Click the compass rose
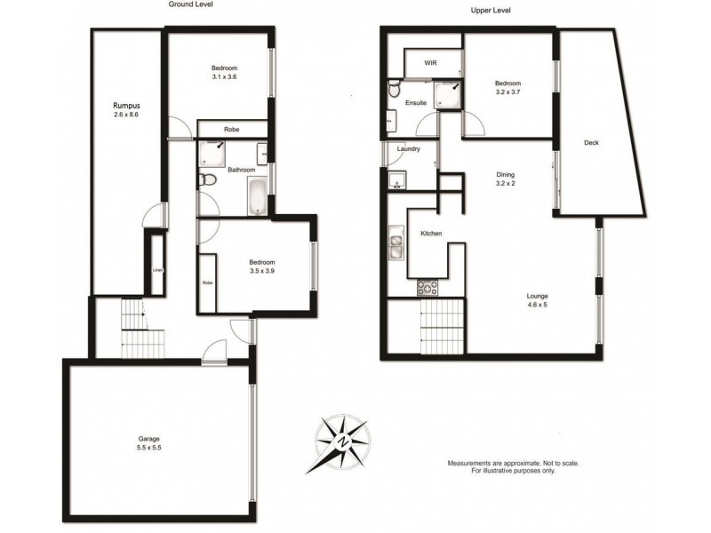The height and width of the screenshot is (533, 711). click(x=343, y=442)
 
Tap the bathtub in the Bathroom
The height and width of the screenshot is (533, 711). click(x=258, y=196)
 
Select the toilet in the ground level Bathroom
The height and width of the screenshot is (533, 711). click(x=207, y=181)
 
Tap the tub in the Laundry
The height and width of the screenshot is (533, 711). click(x=395, y=180)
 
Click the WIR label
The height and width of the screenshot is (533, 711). click(x=431, y=63)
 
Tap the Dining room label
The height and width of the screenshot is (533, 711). click(x=506, y=175)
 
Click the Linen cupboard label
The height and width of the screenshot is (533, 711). click(x=157, y=269)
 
